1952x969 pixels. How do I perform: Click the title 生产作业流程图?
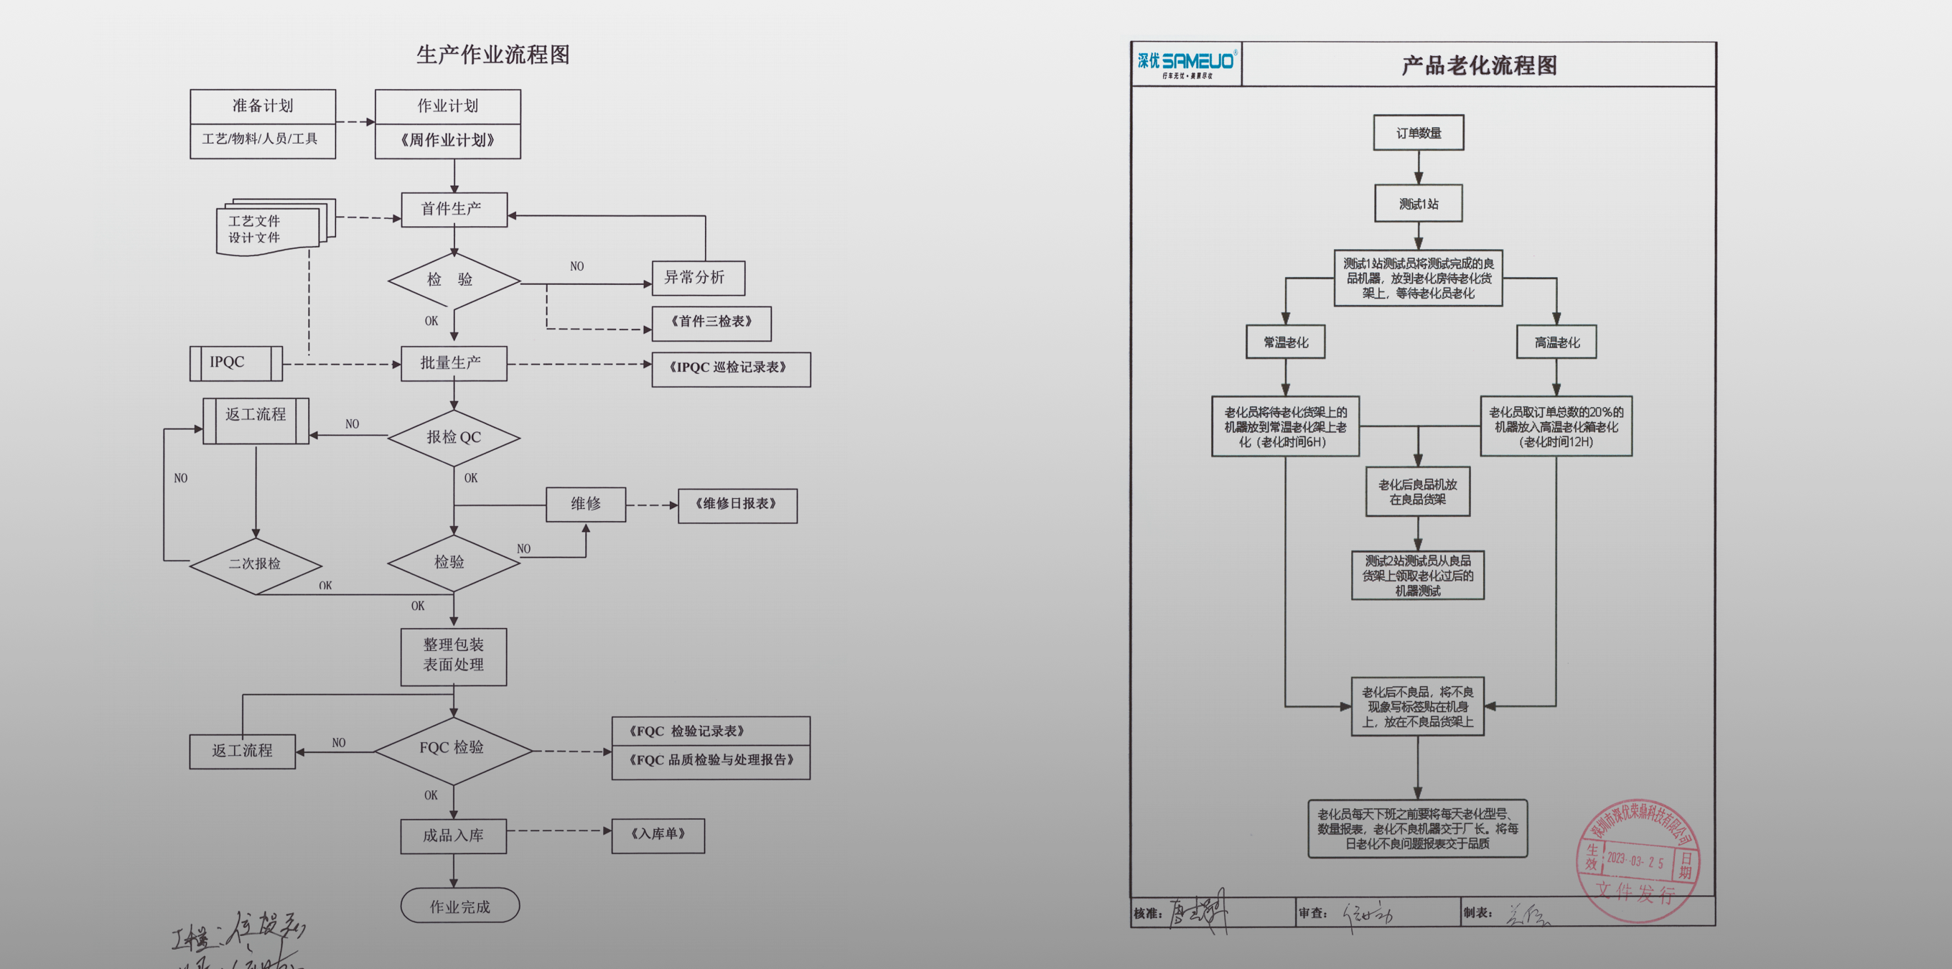492,55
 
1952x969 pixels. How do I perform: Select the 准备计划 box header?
262,106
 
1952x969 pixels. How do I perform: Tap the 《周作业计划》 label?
448,140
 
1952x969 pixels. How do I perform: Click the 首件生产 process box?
453,209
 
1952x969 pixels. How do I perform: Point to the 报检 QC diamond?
453,437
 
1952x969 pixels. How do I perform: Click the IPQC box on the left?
235,363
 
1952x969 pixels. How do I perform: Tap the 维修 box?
586,504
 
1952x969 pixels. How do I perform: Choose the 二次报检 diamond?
256,564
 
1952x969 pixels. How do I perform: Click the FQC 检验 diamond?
452,749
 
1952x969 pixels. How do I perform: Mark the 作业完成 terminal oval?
460,906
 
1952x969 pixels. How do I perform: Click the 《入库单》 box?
658,834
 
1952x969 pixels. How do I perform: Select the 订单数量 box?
1419,133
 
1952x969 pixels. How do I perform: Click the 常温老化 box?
1285,342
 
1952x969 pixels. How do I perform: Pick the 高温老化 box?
1556,342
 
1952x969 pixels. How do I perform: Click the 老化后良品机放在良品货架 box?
1417,492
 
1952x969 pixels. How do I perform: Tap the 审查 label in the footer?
1313,913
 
